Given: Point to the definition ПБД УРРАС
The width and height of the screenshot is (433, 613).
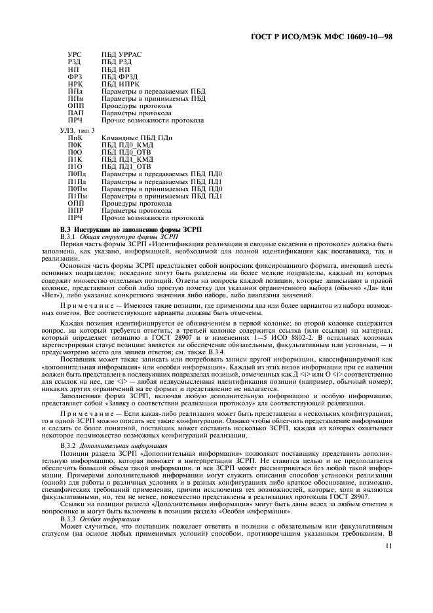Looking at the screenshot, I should [x=122, y=53].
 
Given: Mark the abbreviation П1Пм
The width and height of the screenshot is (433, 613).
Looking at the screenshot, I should [x=77, y=196].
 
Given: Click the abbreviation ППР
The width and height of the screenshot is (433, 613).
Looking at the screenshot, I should [x=75, y=211].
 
